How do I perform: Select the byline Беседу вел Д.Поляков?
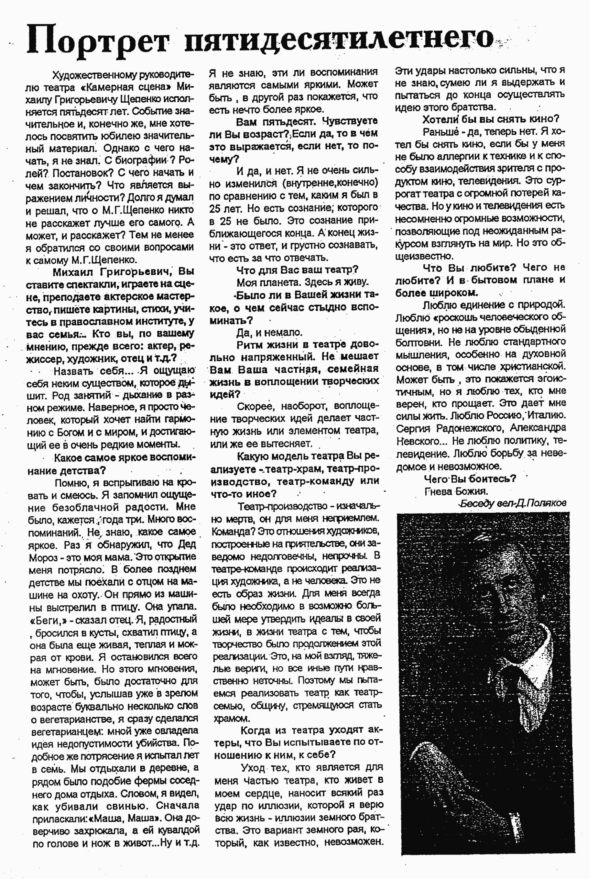click(x=512, y=504)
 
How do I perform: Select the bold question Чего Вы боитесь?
click(x=470, y=479)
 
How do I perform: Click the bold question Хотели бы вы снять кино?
click(x=490, y=120)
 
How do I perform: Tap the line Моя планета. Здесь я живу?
click(x=303, y=282)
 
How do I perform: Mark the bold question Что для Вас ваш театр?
click(x=297, y=270)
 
